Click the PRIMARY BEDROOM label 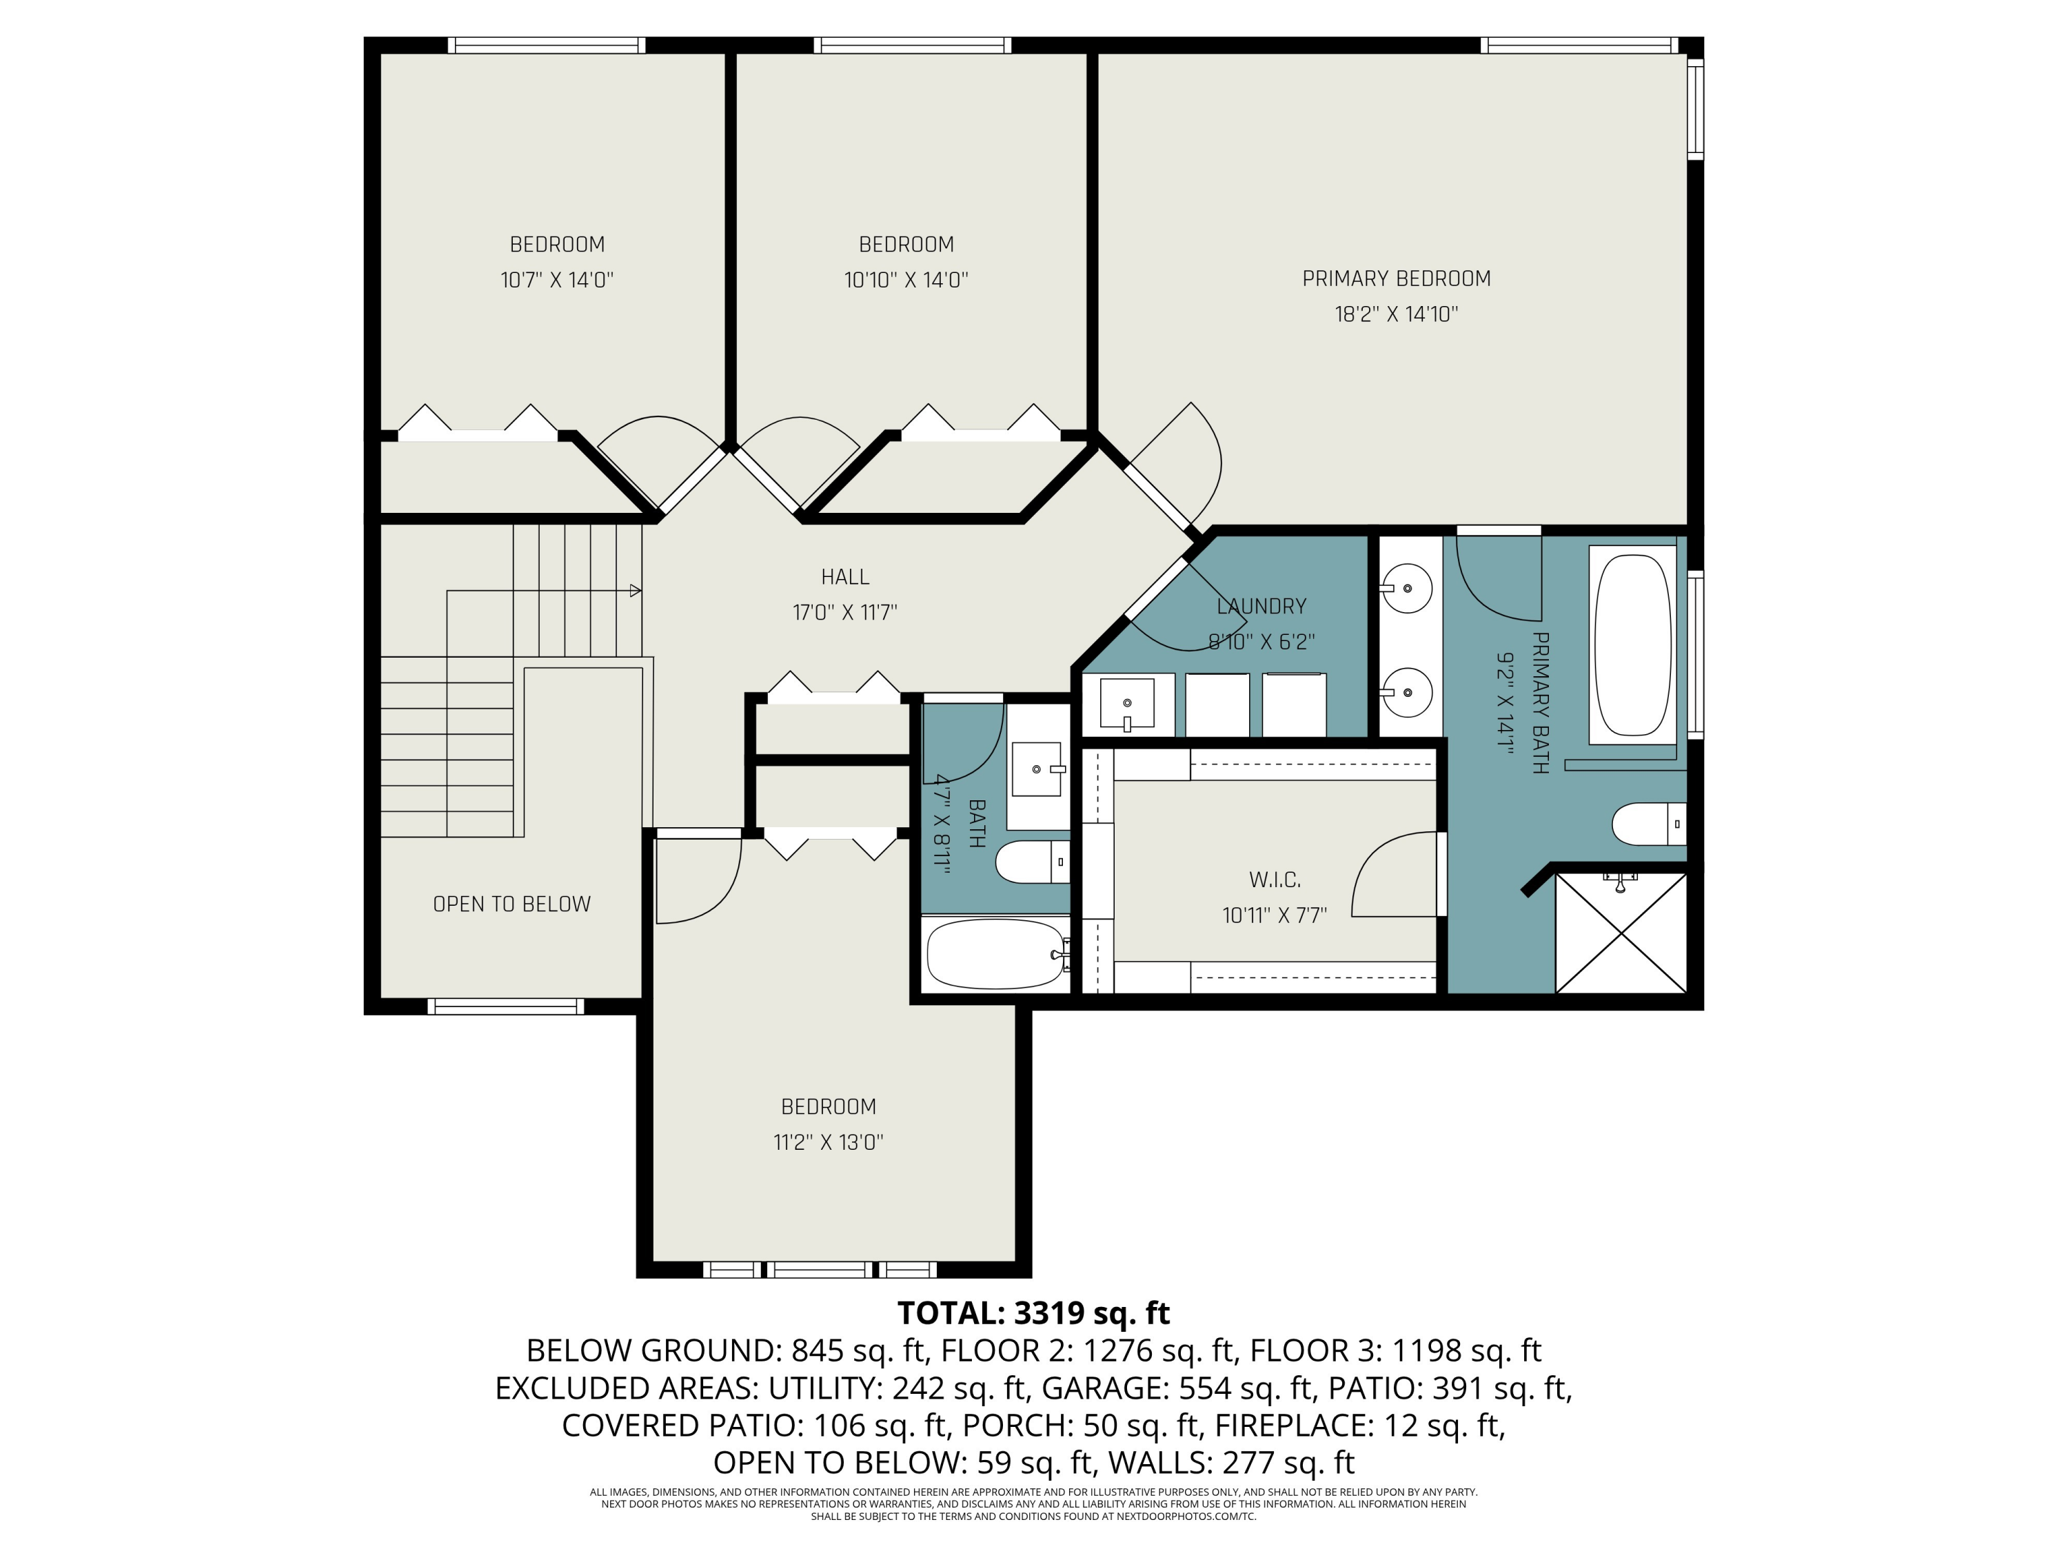[1396, 278]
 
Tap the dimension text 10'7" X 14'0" [556, 280]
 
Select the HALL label [844, 577]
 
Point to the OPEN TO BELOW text [511, 904]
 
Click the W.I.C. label [1275, 880]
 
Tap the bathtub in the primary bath [1632, 645]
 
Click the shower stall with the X [1620, 933]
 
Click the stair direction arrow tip [638, 591]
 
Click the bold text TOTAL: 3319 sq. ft [1033, 1312]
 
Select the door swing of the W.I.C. [1393, 874]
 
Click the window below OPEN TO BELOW [506, 1007]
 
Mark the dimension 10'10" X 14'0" [906, 280]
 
